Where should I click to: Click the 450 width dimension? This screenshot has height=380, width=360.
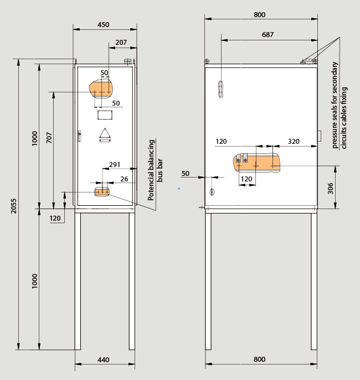pyautogui.click(x=104, y=25)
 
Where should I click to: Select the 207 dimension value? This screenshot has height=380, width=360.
pyautogui.click(x=121, y=43)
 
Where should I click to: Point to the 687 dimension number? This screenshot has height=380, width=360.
pyautogui.click(x=268, y=35)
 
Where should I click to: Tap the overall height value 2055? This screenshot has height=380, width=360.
pyautogui.click(x=14, y=206)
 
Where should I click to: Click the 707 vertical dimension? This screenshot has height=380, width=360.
pyautogui.click(x=49, y=137)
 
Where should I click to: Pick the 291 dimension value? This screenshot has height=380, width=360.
pyautogui.click(x=115, y=165)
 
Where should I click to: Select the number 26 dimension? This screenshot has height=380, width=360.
pyautogui.click(x=124, y=179)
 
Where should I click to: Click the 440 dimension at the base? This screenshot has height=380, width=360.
pyautogui.click(x=104, y=360)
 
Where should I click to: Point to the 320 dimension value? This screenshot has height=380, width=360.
pyautogui.click(x=294, y=141)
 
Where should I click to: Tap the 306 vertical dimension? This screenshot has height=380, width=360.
pyautogui.click(x=331, y=188)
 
